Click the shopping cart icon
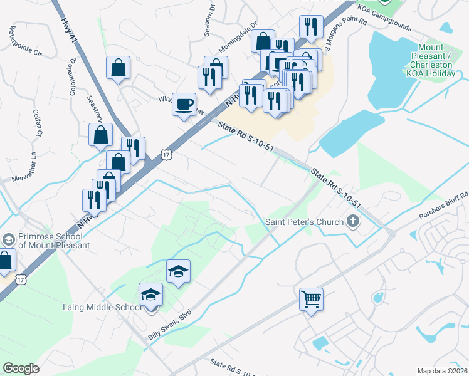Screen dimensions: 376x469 (311, 298)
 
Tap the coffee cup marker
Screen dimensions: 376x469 (184, 104)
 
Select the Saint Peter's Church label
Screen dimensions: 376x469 (304, 222)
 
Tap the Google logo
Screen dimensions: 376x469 (21, 368)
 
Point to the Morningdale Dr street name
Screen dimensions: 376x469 (238, 38)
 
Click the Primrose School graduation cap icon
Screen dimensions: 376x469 (9, 240)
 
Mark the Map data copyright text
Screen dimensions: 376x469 (442, 370)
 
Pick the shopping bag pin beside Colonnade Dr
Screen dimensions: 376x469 (118, 68)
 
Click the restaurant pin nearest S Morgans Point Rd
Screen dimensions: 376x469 (310, 26)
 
